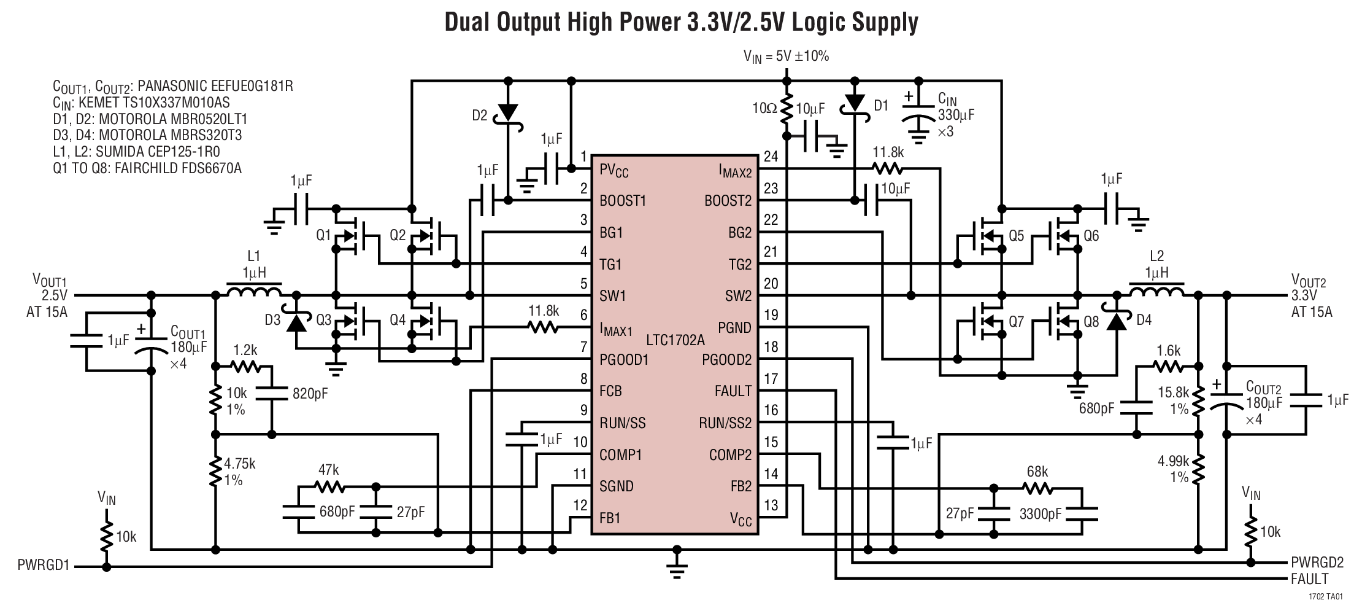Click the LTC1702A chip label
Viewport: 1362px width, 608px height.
coord(675,340)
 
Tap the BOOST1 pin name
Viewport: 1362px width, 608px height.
coord(622,201)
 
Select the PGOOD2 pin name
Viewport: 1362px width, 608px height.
coord(726,360)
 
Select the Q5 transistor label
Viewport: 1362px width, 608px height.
coord(1016,236)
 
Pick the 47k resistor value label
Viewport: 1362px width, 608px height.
coord(329,470)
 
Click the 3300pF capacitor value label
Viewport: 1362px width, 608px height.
coord(1041,514)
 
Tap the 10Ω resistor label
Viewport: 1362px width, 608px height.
coord(764,109)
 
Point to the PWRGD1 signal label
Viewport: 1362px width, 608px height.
coord(43,566)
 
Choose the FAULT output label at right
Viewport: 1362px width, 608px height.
coord(1309,579)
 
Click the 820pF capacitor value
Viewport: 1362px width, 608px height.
coord(310,394)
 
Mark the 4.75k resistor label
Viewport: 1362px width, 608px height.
coord(240,464)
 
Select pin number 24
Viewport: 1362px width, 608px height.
coord(771,156)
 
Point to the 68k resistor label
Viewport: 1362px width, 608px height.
coord(1037,472)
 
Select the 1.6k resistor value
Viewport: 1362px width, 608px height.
coord(1168,351)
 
